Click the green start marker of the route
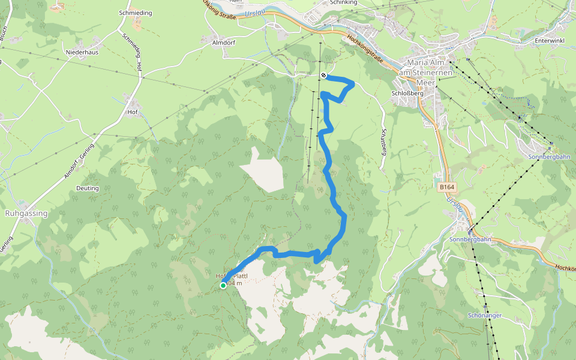[x=223, y=286]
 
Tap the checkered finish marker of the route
[x=323, y=76]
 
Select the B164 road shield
[x=447, y=187]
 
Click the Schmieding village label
[x=136, y=13]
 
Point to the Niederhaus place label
[x=82, y=52]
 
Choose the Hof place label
[x=133, y=112]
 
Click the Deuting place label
[x=88, y=188]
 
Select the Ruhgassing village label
[x=26, y=213]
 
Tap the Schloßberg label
[x=407, y=94]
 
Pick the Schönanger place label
[x=485, y=315]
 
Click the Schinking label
[x=344, y=2]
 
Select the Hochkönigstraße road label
[x=365, y=48]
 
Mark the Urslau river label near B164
[x=454, y=207]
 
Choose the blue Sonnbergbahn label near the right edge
[x=549, y=156]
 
